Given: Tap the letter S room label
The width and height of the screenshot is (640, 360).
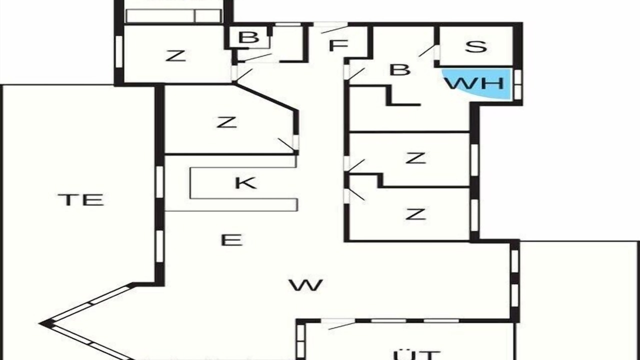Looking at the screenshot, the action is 475,47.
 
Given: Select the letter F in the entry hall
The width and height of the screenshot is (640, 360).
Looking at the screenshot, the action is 338,45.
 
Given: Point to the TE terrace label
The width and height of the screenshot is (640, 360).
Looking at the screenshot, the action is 81,199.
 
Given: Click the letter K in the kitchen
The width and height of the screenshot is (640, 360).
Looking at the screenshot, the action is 245,183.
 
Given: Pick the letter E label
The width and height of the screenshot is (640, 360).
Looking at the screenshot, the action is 231,240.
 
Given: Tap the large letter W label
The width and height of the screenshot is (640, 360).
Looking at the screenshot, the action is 305,285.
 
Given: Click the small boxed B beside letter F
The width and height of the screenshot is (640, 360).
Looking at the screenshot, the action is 248,37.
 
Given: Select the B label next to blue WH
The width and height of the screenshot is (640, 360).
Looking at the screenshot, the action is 400,69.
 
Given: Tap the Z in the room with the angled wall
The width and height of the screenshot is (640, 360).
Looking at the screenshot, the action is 226,122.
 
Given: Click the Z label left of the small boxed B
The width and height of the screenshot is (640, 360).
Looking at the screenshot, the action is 175,55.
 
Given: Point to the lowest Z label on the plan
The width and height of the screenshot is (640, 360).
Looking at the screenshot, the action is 415,214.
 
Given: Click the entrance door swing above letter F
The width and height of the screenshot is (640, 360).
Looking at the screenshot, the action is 331,28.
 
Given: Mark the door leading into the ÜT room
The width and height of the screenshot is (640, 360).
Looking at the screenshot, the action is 338,323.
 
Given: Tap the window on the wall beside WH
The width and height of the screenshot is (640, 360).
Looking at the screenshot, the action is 517,84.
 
